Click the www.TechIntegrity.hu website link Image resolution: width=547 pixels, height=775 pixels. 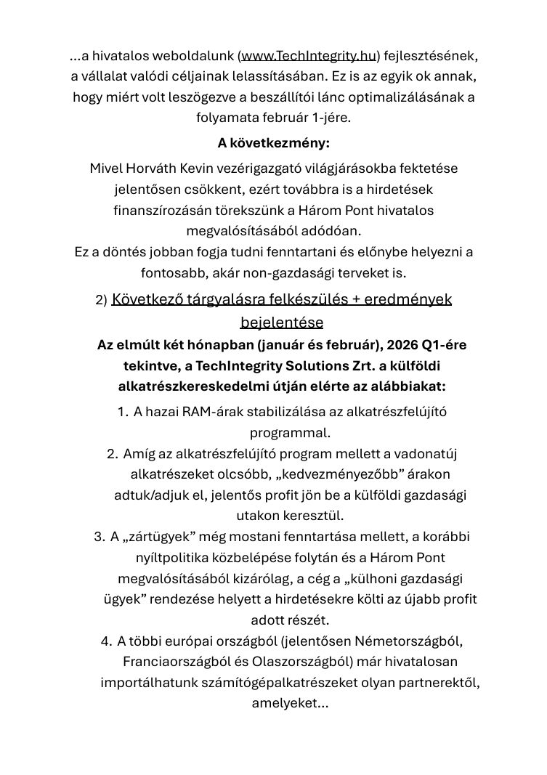point(309,55)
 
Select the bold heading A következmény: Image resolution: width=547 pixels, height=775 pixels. point(273,142)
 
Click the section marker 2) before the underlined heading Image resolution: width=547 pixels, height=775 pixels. point(101,301)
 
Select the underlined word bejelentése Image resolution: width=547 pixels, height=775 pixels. point(281,322)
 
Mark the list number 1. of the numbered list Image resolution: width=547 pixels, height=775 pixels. point(123,412)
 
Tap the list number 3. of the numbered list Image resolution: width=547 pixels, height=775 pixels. point(100,537)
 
